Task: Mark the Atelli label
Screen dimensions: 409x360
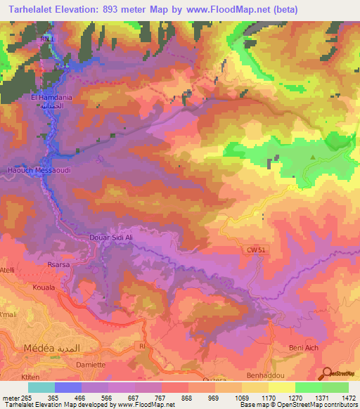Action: [x=8, y=269]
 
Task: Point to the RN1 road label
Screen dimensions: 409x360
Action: [x=45, y=40]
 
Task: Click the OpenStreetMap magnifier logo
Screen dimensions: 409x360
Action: [x=328, y=373]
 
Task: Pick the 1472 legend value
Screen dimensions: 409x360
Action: [x=348, y=398]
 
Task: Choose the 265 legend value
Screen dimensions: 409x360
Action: [x=28, y=398]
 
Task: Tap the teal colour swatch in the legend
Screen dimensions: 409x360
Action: [x=41, y=387]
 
